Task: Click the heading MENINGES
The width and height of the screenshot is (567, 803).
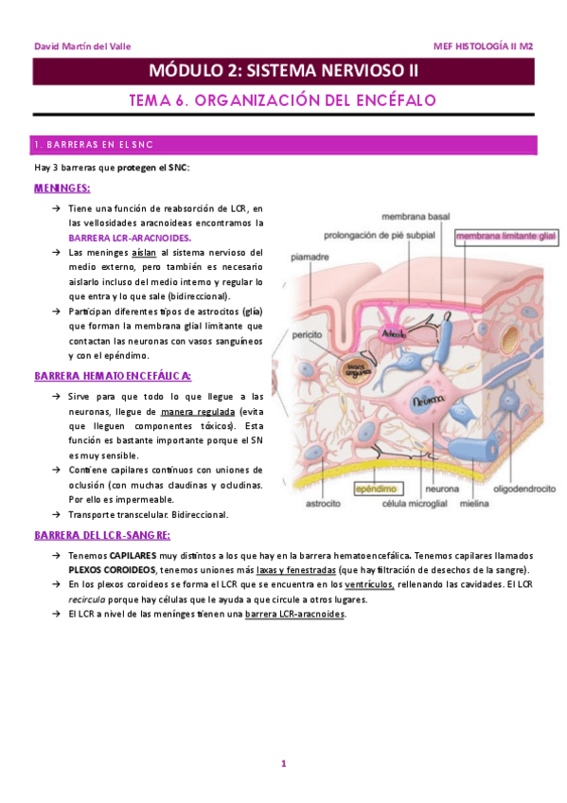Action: (x=62, y=187)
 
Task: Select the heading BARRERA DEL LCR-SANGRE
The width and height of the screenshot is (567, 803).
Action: (x=102, y=535)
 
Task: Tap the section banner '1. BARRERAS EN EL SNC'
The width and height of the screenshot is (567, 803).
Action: (x=94, y=145)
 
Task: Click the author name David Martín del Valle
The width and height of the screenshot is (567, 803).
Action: (x=82, y=45)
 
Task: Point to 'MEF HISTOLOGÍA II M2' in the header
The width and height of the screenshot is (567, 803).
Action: (x=483, y=45)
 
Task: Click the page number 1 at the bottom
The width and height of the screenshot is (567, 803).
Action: (x=283, y=763)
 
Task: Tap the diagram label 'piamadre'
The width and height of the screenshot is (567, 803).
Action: (x=310, y=256)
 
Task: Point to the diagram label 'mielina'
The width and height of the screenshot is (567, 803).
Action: (x=473, y=503)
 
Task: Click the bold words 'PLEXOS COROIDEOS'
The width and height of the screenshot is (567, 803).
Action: (x=112, y=570)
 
